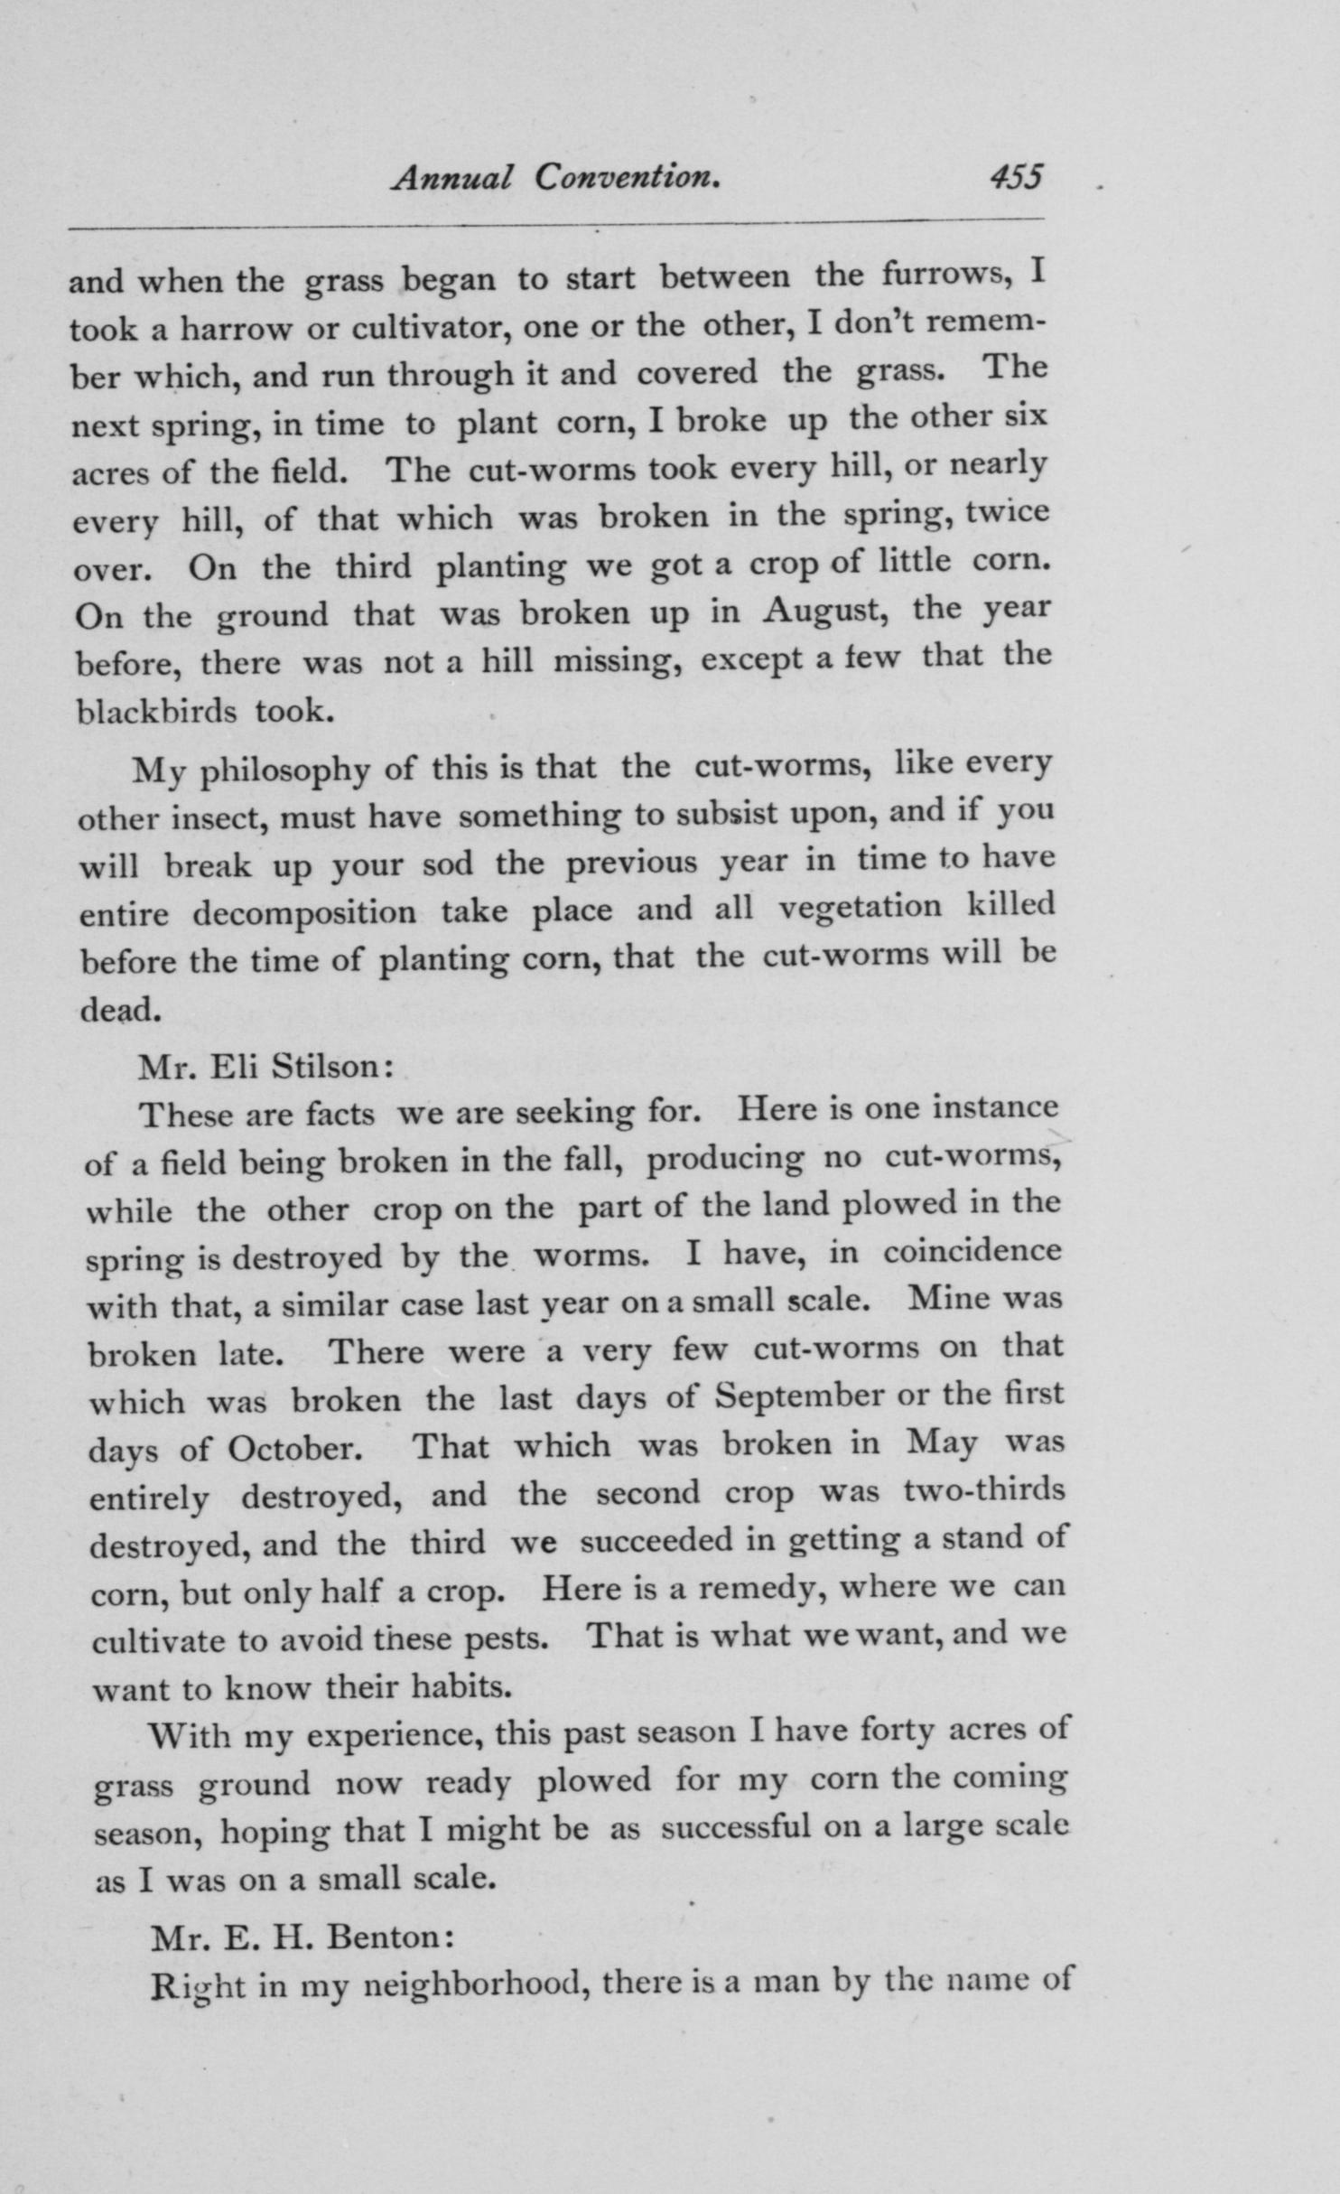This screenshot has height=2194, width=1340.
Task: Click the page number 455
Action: click(1016, 175)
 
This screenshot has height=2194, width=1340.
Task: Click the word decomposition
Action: click(304, 912)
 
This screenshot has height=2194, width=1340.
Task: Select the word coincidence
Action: click(972, 1252)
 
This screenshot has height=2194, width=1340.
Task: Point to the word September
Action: click(799, 1396)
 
